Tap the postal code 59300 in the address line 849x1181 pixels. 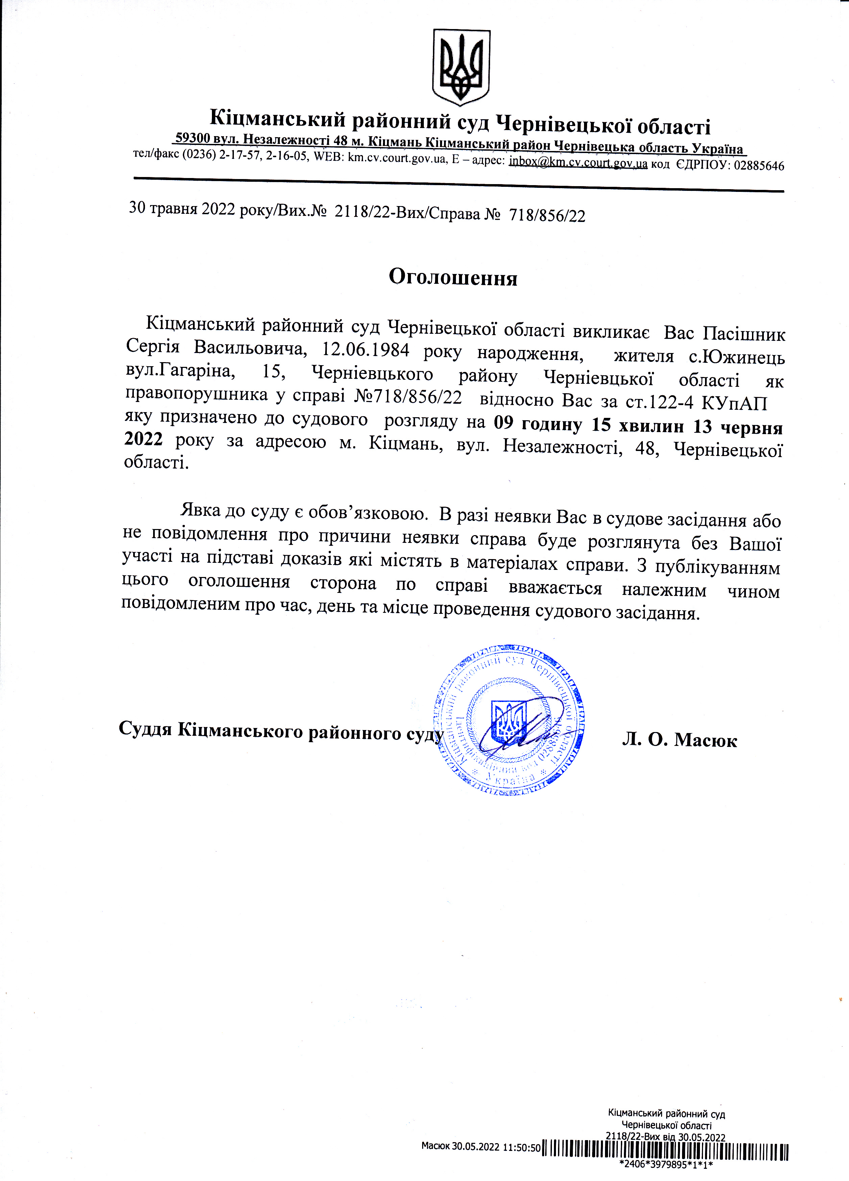click(x=193, y=138)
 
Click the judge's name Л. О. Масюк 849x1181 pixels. click(x=679, y=739)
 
